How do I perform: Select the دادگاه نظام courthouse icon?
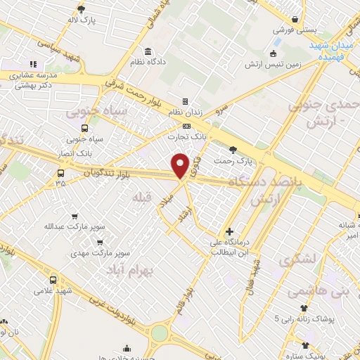tap(148, 52)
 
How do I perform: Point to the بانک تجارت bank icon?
tap(186, 126)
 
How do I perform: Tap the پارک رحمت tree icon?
tap(233, 149)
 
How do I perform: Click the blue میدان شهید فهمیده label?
tap(334, 49)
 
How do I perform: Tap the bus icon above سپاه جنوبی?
tap(85, 128)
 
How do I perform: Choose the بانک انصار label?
tap(78, 153)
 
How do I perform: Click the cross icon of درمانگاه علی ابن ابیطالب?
tap(229, 231)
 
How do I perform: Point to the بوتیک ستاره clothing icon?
tap(305, 345)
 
